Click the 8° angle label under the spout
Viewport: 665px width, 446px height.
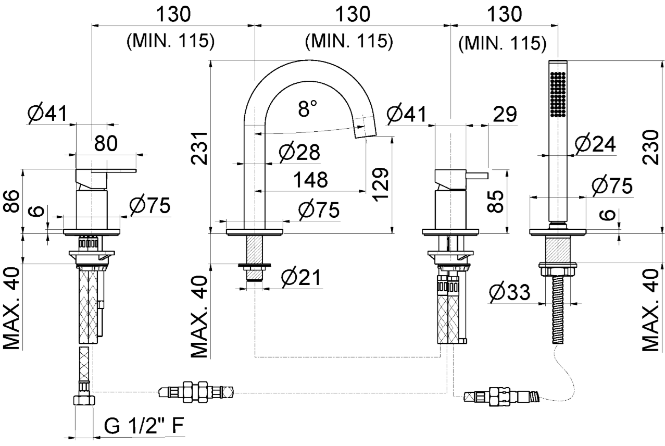[307, 109]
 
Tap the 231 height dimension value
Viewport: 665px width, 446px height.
[201, 147]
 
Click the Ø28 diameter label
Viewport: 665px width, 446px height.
[299, 152]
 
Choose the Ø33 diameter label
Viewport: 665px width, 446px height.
[509, 293]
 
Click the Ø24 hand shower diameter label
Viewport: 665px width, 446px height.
[595, 143]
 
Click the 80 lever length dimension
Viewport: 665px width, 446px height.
[106, 143]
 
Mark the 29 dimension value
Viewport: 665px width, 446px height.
[504, 114]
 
